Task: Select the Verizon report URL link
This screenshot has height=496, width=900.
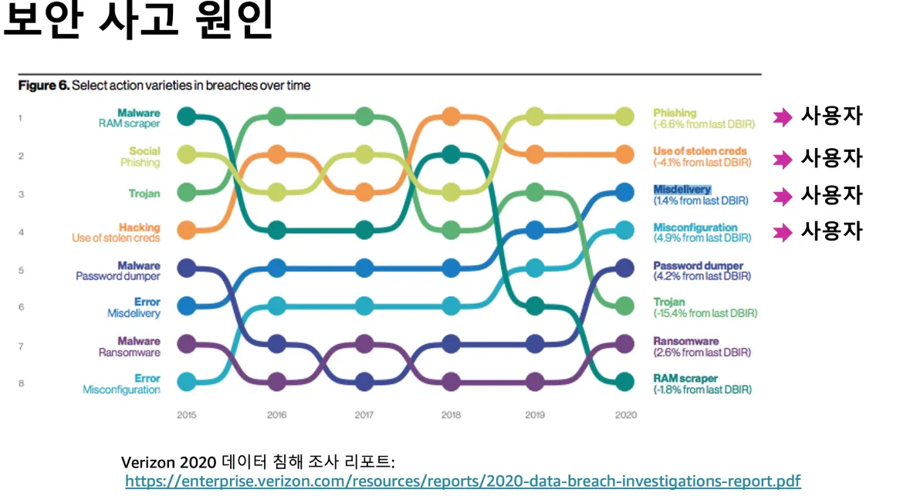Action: point(462,481)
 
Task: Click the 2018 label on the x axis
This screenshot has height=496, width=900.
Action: point(451,415)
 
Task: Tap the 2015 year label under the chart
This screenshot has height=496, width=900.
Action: point(186,415)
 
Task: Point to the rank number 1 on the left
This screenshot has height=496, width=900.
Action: point(22,118)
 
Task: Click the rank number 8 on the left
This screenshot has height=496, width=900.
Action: point(22,383)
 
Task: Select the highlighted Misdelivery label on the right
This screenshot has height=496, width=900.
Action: point(682,190)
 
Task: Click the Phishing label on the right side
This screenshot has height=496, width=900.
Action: point(675,113)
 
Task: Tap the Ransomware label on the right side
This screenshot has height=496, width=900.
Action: point(686,341)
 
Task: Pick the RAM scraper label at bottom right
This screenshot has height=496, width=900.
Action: point(685,379)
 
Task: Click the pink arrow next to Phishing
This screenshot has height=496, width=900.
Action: point(783,118)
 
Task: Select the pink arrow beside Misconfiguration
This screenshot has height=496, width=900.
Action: point(783,232)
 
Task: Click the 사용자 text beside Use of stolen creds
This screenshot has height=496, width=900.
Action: point(831,158)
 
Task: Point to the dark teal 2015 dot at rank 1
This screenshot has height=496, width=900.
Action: point(186,116)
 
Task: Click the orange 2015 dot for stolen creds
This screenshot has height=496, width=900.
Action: point(186,229)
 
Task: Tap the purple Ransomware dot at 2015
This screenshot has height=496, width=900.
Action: point(186,343)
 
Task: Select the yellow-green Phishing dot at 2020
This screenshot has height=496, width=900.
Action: point(624,116)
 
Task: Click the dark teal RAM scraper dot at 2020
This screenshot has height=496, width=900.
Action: point(624,381)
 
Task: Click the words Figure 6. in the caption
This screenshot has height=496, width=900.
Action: point(43,86)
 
